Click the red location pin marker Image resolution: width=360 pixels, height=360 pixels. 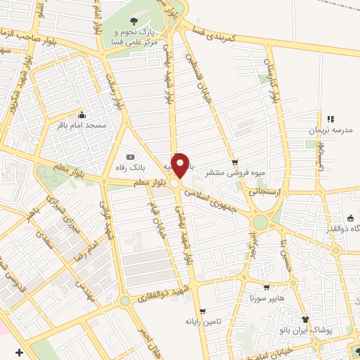click(181, 165)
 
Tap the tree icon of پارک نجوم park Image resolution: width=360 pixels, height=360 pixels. click(133, 20)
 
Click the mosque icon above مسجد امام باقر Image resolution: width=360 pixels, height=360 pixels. click(82, 115)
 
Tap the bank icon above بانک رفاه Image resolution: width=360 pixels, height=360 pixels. click(129, 156)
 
